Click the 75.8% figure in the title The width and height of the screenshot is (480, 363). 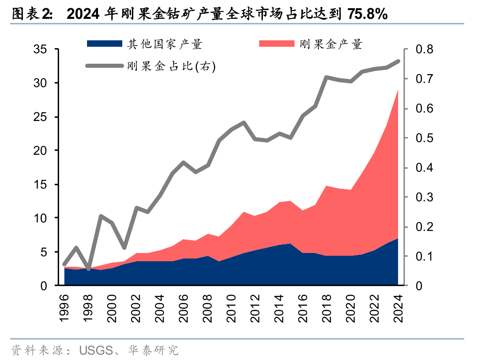coord(367,15)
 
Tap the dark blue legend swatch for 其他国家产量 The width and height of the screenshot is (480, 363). coord(104,44)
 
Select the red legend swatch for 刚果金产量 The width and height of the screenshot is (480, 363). coord(277,44)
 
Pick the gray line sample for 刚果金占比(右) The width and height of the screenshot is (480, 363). coord(104,66)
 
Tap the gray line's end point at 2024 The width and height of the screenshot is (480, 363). coord(398,61)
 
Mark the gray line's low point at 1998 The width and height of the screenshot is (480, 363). coord(88,268)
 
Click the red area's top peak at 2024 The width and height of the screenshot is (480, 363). coord(398,90)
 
